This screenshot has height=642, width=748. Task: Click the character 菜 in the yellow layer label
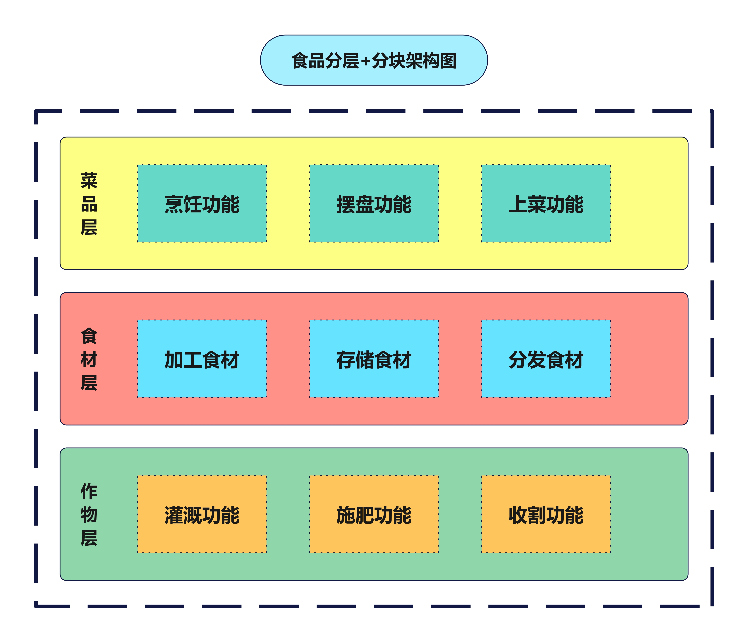tap(89, 181)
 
